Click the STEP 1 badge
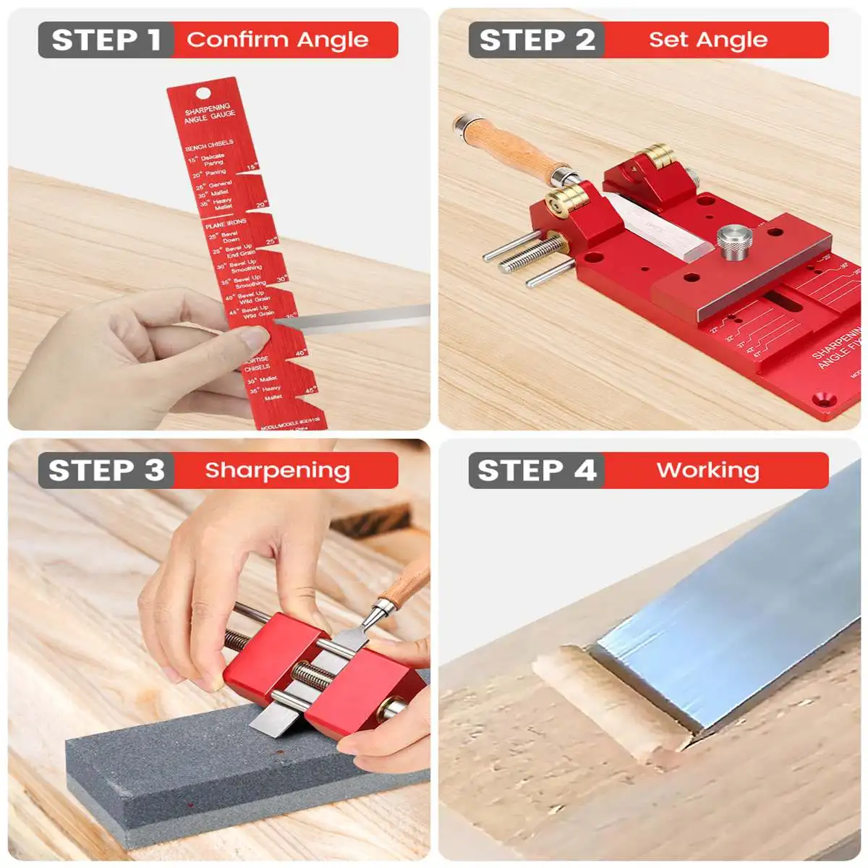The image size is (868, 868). pos(106,40)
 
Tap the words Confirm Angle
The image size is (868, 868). pos(278,40)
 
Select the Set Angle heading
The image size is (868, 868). pos(707,40)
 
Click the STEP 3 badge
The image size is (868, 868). pos(106,470)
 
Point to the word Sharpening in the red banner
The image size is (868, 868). pos(278,470)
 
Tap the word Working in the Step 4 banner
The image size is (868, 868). pos(707,470)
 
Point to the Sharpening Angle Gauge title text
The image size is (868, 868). pos(208,113)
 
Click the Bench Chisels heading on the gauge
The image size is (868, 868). pos(209,145)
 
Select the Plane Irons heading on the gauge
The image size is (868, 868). pos(226,224)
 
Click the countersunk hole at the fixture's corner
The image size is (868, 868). pos(822,398)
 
